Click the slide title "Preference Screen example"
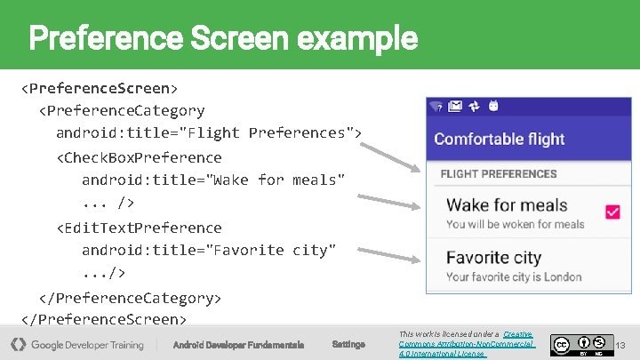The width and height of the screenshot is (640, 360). click(223, 38)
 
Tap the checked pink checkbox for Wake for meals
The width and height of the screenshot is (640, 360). click(612, 212)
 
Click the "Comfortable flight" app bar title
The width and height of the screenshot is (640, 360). click(499, 139)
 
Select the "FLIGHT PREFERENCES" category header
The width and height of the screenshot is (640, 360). click(499, 174)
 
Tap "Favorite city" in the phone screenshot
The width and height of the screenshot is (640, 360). click(493, 258)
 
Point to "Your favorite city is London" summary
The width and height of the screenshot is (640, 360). click(514, 276)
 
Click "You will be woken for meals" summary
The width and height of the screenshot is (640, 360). click(515, 224)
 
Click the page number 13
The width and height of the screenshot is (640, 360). click(621, 344)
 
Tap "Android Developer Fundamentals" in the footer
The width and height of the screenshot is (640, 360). click(238, 344)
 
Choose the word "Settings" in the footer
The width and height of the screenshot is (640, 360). click(348, 344)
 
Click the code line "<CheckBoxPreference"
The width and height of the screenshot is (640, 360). click(139, 157)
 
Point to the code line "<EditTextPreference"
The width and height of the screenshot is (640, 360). click(139, 228)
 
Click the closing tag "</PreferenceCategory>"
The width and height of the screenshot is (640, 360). click(130, 297)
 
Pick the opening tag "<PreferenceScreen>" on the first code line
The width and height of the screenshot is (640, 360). click(100, 88)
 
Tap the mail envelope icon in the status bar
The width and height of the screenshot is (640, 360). click(455, 107)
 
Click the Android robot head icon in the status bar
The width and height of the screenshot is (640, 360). click(493, 107)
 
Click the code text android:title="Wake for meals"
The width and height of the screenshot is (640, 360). click(212, 180)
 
